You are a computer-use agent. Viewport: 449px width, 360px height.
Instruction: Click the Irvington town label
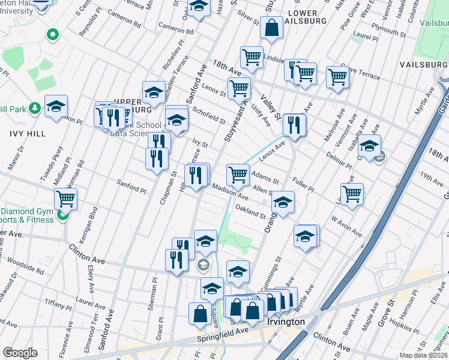pyautogui.click(x=285, y=322)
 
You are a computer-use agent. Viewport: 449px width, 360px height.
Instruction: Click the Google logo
pyautogui.click(x=19, y=353)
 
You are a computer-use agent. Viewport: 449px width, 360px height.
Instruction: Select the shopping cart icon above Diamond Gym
pyautogui.click(x=65, y=198)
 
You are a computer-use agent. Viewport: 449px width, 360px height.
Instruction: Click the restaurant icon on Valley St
pyautogui.click(x=294, y=125)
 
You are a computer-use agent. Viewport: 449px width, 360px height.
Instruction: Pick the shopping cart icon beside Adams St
pyautogui.click(x=238, y=175)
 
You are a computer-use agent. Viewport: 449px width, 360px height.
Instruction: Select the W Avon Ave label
pyautogui.click(x=346, y=227)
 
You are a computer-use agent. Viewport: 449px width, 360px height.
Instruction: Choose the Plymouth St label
pyautogui.click(x=387, y=28)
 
